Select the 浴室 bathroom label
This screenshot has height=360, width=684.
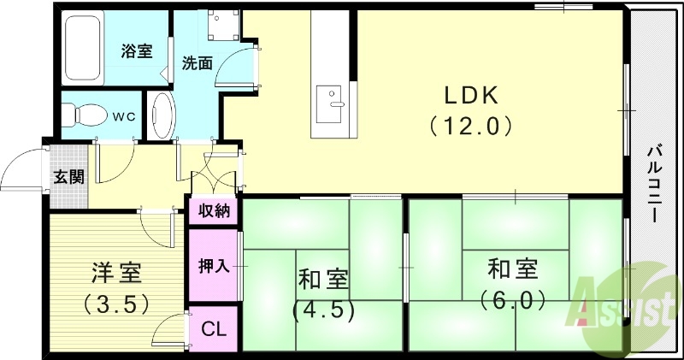click(137, 50)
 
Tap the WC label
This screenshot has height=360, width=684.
click(124, 114)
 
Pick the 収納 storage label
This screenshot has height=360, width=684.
click(214, 210)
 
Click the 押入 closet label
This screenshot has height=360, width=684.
click(214, 266)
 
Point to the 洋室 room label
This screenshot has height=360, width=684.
click(116, 274)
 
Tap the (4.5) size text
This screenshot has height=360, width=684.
click(323, 309)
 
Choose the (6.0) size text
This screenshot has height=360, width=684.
click(513, 299)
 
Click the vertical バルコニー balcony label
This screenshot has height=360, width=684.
click(654, 184)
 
